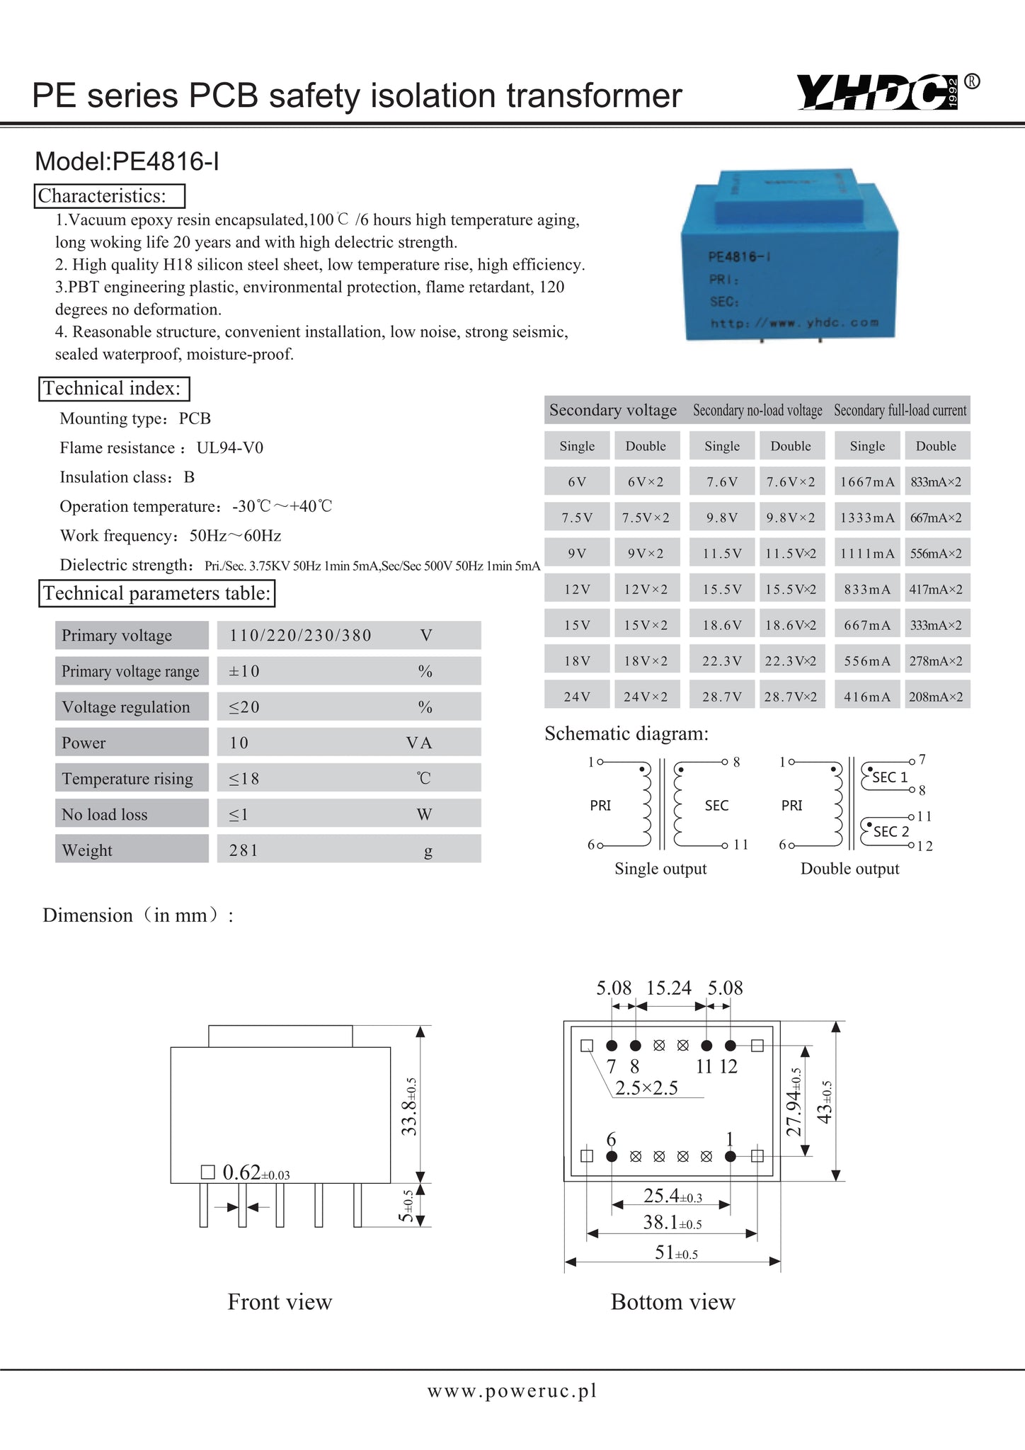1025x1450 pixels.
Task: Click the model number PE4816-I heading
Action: pyautogui.click(x=127, y=162)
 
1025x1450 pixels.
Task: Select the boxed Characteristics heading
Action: pyautogui.click(x=110, y=196)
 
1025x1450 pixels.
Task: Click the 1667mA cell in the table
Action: pyautogui.click(x=867, y=482)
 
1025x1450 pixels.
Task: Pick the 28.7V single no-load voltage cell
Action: pyautogui.click(x=722, y=697)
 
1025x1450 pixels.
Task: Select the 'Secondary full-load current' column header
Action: pyautogui.click(x=900, y=411)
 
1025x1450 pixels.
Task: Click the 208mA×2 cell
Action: pyautogui.click(x=936, y=697)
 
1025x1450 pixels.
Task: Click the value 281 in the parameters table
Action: pyautogui.click(x=244, y=850)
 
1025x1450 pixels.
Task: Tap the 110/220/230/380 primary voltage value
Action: pyautogui.click(x=300, y=636)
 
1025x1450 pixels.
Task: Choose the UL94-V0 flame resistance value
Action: pyautogui.click(x=230, y=448)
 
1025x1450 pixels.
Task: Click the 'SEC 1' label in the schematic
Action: pyautogui.click(x=889, y=777)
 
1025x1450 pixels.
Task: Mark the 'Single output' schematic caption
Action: pyautogui.click(x=660, y=869)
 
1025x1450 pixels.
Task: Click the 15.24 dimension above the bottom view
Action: pyautogui.click(x=669, y=988)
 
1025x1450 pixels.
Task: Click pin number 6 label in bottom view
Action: pyautogui.click(x=612, y=1139)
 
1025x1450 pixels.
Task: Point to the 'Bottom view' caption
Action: pyautogui.click(x=672, y=1302)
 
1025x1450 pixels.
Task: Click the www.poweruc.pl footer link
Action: pyautogui.click(x=512, y=1391)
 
